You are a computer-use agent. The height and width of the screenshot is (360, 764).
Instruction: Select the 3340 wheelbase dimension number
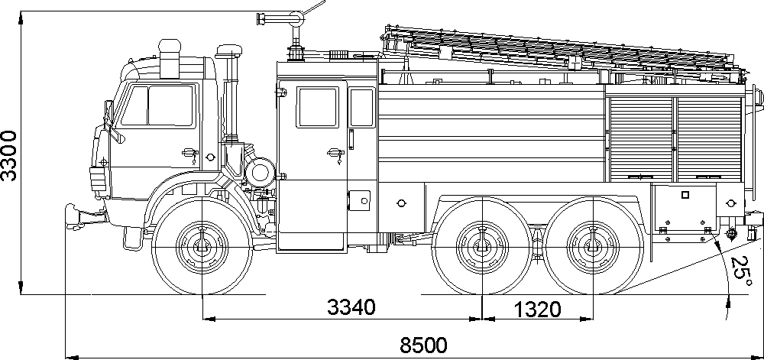point(351,308)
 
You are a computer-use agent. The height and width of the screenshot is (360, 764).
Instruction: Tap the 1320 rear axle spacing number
point(536,309)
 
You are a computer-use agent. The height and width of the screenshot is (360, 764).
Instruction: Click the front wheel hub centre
point(202,247)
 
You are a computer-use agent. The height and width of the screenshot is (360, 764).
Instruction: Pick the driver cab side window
point(170,106)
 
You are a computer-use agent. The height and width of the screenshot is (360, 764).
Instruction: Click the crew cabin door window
point(318,108)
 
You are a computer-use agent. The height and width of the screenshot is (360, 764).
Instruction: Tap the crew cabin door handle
point(333,154)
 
